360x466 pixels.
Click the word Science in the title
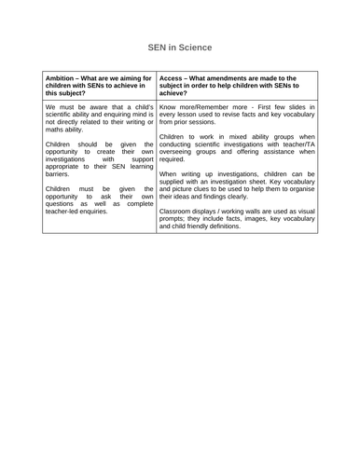[x=195, y=47]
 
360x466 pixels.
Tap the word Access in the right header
[x=173, y=80]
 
